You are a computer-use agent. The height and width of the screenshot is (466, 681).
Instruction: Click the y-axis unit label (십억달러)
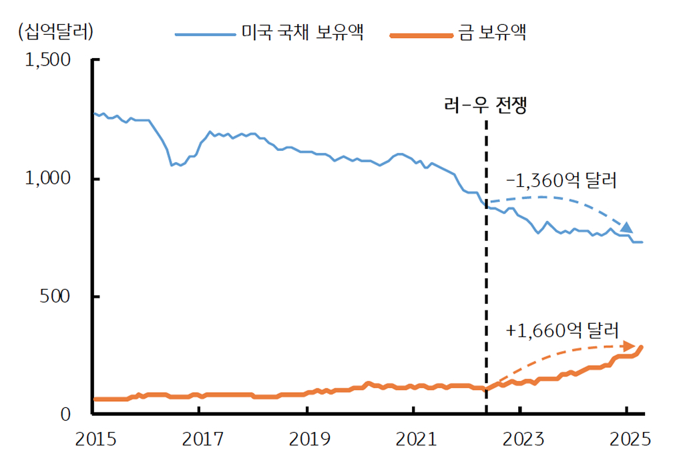click(56, 31)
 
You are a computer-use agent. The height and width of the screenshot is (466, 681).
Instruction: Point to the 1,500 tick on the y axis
click(47, 60)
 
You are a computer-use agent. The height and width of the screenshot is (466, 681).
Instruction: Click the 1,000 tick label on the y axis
click(47, 178)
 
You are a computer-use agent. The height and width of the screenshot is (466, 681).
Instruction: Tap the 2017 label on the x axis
click(199, 440)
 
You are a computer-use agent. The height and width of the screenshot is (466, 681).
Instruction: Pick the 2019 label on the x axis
click(306, 440)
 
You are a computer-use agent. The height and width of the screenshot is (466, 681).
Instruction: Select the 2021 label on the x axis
click(413, 440)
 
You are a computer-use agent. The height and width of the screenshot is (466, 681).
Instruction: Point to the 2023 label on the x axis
click(520, 440)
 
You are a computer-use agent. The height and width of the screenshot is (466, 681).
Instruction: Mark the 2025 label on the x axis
click(627, 440)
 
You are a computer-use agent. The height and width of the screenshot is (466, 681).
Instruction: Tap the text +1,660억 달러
click(562, 330)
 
